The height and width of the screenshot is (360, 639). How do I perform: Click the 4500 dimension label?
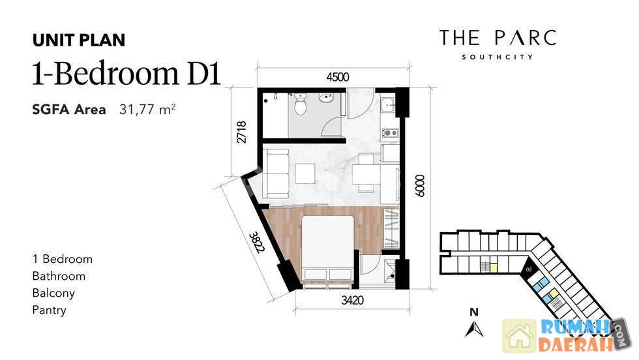(338, 77)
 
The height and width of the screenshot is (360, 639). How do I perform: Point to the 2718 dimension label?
(241, 132)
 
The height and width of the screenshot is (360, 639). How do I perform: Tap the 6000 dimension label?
(419, 186)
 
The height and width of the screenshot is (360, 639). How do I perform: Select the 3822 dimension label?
(257, 243)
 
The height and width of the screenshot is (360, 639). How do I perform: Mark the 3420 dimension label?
(352, 301)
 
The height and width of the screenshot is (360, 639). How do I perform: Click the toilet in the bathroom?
(301, 105)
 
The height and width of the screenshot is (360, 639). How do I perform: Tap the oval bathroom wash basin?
(326, 98)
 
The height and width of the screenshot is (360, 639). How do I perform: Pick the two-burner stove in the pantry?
(390, 132)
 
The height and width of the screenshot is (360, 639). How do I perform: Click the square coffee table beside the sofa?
(305, 173)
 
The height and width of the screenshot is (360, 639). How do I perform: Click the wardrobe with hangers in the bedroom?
(391, 229)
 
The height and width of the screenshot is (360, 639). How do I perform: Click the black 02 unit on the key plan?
(529, 270)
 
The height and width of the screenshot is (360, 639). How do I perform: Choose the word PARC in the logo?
(526, 38)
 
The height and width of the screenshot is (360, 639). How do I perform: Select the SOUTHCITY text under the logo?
(497, 57)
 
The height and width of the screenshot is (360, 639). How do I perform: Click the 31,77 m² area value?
(147, 110)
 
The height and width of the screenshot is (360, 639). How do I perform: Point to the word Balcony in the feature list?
(53, 293)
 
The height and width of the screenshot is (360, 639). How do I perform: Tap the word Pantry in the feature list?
(50, 310)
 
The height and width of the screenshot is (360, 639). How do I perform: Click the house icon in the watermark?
(520, 336)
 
